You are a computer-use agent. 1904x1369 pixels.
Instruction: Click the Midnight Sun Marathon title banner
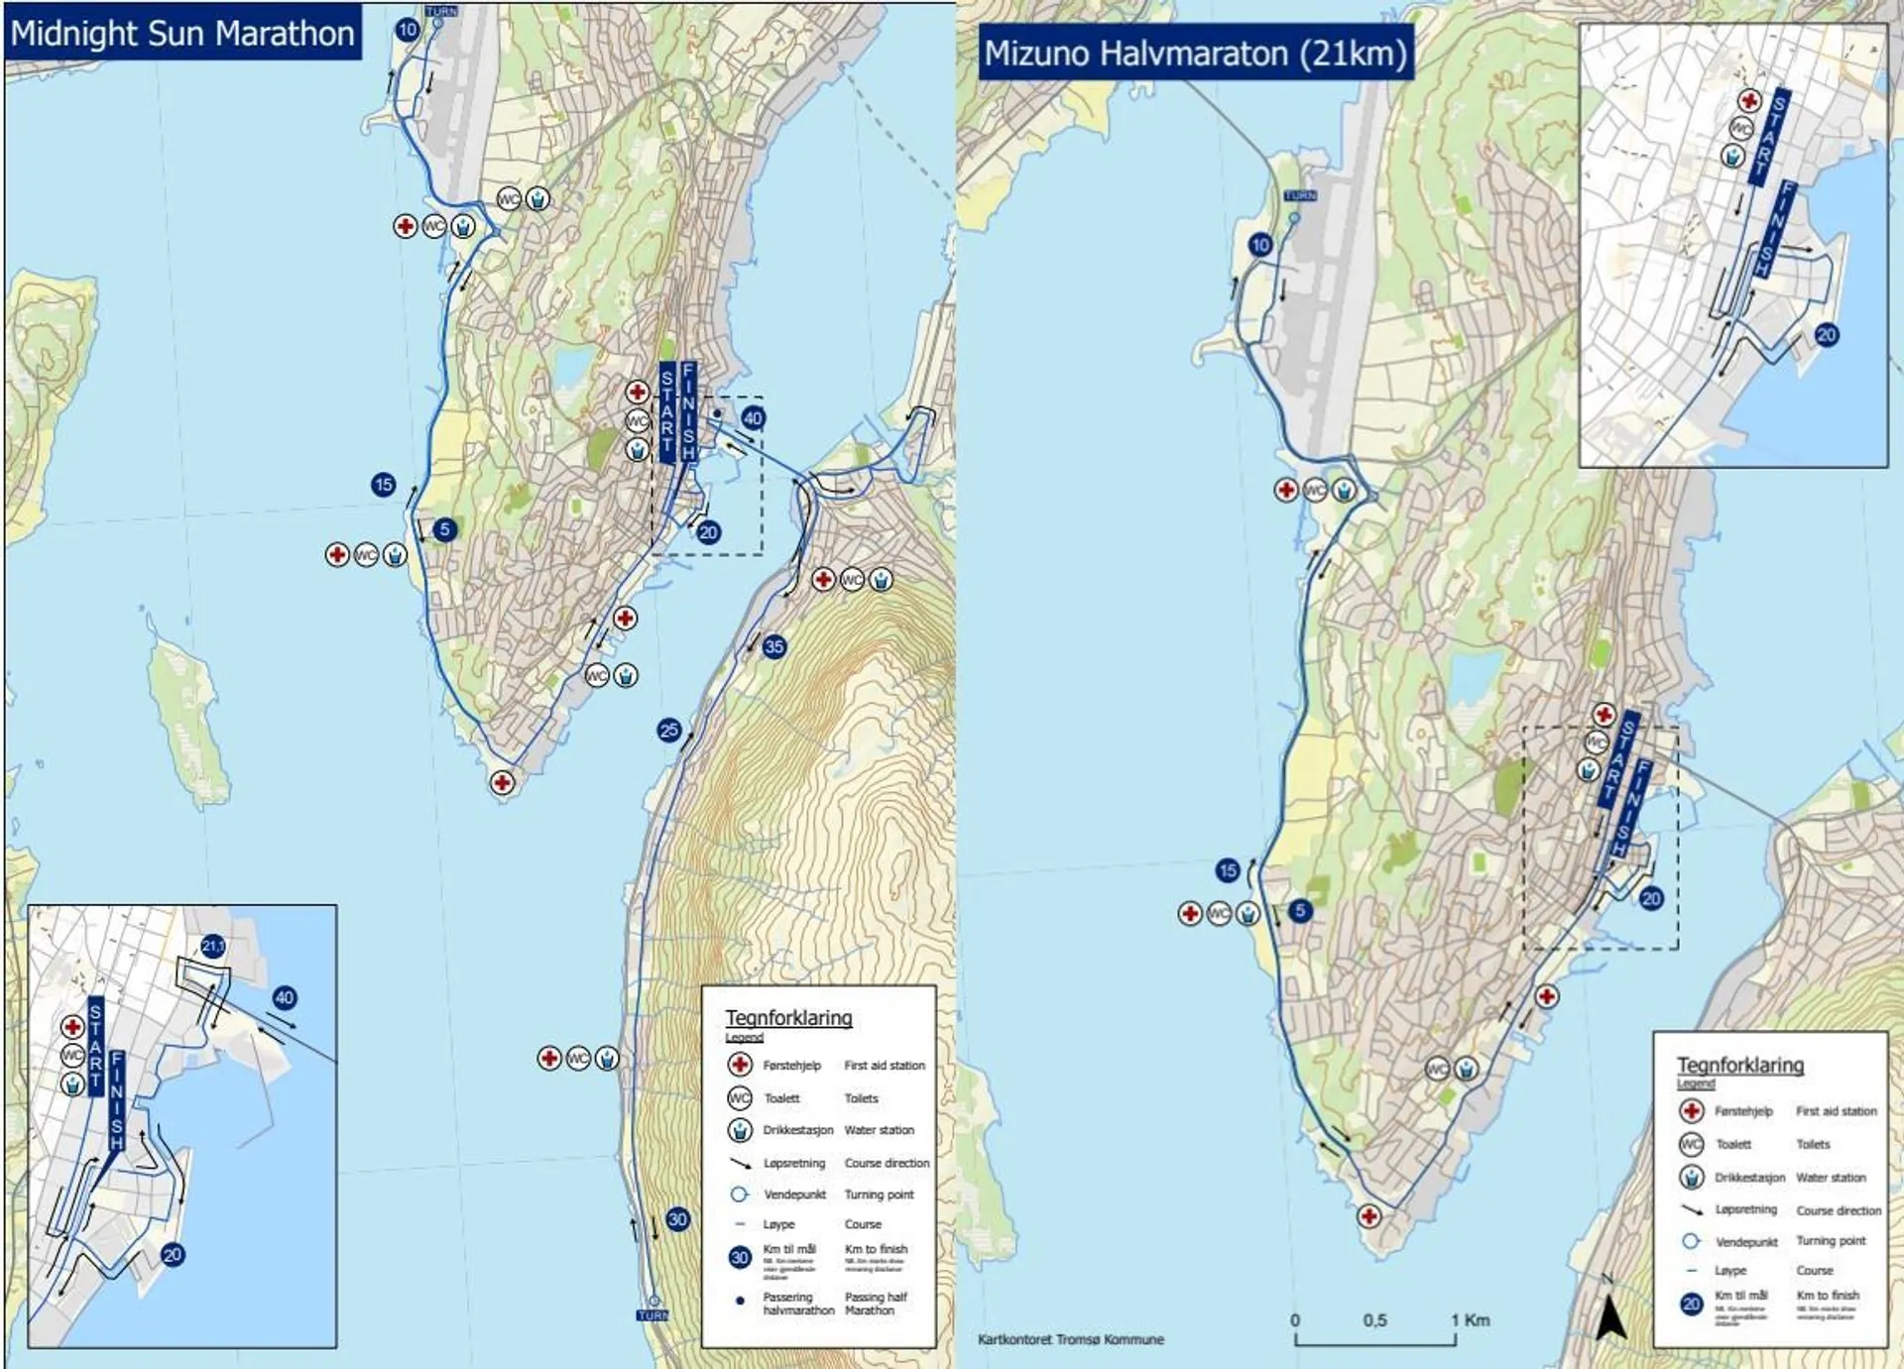(182, 33)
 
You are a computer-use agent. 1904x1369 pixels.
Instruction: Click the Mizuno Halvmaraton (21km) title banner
(1195, 53)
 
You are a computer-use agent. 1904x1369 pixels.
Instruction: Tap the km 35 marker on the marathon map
(774, 647)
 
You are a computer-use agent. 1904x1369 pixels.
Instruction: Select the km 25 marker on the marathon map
(669, 731)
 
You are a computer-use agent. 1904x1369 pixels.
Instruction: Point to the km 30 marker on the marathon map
(677, 1219)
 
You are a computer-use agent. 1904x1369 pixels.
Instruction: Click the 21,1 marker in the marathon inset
(213, 946)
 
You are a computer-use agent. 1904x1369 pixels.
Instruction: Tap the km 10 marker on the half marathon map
(1260, 245)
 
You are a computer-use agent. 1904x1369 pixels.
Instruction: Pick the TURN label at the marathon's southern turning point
(653, 1315)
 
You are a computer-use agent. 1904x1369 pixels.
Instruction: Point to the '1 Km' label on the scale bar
(1470, 1319)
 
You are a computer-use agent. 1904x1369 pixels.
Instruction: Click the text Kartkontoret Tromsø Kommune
(1071, 1339)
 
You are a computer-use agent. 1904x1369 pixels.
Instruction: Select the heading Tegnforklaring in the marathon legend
(788, 1017)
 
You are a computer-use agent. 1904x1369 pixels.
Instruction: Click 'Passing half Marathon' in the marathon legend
(875, 1304)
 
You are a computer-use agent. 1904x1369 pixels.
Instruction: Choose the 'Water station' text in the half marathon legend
(1831, 1178)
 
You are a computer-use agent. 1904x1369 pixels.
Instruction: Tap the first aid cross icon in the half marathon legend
(1692, 1111)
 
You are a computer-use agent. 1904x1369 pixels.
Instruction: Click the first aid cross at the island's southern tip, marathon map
(503, 783)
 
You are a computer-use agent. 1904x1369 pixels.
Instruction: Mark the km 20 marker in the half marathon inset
(1827, 335)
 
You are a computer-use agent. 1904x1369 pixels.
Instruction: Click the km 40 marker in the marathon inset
(285, 997)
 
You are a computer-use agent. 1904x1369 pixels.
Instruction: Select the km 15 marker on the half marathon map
(1228, 870)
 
